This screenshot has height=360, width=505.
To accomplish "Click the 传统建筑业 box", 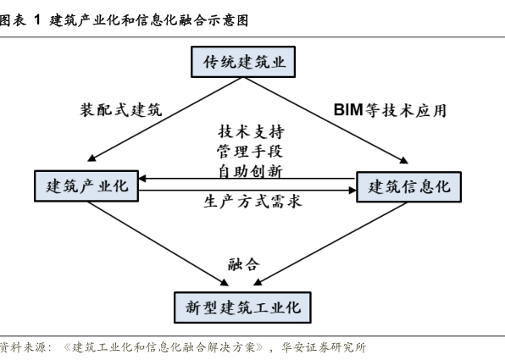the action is pyautogui.click(x=243, y=62).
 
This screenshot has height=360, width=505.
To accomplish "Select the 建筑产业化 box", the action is pyautogui.click(x=86, y=186).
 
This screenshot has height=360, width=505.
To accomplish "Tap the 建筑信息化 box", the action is pyautogui.click(x=408, y=186).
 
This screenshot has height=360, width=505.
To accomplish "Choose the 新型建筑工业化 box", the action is pyautogui.click(x=242, y=307).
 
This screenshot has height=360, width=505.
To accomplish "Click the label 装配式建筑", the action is pyautogui.click(x=121, y=110).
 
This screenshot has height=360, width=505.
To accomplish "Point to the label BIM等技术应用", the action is pyautogui.click(x=390, y=110).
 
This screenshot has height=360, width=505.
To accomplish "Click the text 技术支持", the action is pyautogui.click(x=251, y=131).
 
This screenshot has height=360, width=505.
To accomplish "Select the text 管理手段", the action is pyautogui.click(x=250, y=152).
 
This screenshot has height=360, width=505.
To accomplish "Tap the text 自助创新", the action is pyautogui.click(x=250, y=170).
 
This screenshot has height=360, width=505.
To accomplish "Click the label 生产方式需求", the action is pyautogui.click(x=252, y=202).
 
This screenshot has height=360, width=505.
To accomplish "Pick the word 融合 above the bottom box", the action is pyautogui.click(x=244, y=264).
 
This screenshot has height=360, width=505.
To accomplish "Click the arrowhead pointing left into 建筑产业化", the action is pyautogui.click(x=142, y=179).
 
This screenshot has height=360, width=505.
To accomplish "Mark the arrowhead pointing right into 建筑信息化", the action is pyautogui.click(x=352, y=191).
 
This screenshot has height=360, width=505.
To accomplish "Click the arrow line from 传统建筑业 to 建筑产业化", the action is pyautogui.click(x=165, y=119).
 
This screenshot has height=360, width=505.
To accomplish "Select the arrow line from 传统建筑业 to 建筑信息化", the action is pyautogui.click(x=325, y=120).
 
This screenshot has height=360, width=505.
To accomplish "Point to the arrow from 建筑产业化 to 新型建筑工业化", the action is pyautogui.click(x=158, y=244).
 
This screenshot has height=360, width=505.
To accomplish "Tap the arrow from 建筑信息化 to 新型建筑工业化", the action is pyautogui.click(x=330, y=244).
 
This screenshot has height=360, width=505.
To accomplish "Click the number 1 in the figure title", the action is pyautogui.click(x=37, y=20).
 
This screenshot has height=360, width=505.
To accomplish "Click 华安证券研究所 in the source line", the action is pyautogui.click(x=324, y=347).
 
